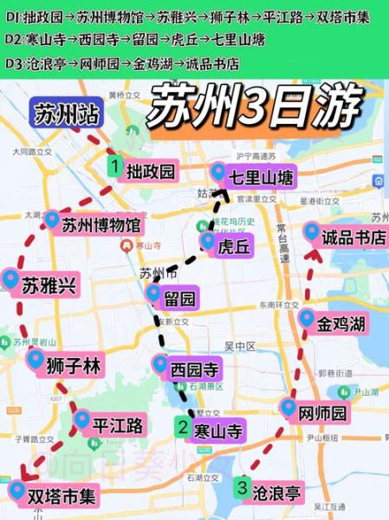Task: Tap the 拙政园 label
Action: pyautogui.click(x=149, y=171)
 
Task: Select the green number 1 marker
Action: pyautogui.click(x=113, y=163)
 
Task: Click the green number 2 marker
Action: pyautogui.click(x=182, y=426)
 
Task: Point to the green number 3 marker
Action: pyautogui.click(x=243, y=487)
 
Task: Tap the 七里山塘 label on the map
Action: pyautogui.click(x=261, y=179)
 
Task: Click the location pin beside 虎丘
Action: pyautogui.click(x=207, y=240)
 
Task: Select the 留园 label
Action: pyautogui.click(x=179, y=299)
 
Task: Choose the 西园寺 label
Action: pyautogui.click(x=196, y=370)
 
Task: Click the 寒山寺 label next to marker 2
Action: pyautogui.click(x=217, y=430)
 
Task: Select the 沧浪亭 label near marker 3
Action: pyautogui.click(x=277, y=493)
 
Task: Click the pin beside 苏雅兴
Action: pyautogui.click(x=10, y=279)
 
